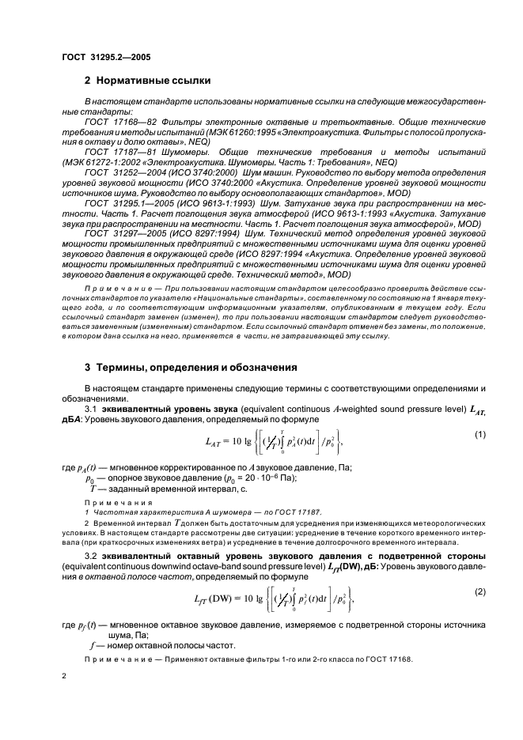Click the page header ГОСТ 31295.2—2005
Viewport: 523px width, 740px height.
(106, 58)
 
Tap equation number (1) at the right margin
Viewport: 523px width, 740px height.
(479, 435)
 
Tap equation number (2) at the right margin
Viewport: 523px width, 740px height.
(479, 591)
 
